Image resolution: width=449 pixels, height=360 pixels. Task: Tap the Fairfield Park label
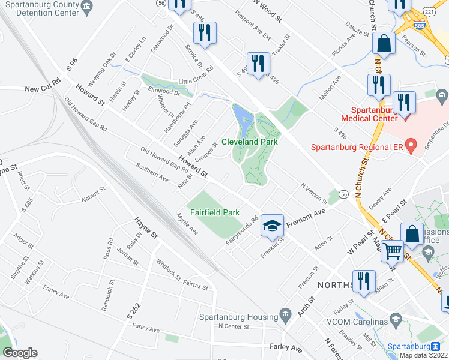[x=215, y=212]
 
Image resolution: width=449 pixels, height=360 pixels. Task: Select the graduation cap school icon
[x=272, y=226]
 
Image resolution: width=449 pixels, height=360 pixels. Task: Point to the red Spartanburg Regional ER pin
[x=411, y=145]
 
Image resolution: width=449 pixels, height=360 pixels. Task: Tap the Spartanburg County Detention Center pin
[x=86, y=7]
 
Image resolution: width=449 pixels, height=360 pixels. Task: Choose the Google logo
[x=20, y=353]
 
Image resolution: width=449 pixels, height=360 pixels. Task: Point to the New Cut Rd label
[x=43, y=88]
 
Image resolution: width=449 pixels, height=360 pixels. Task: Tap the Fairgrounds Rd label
[x=242, y=230]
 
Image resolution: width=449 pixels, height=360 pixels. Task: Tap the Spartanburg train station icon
[x=435, y=346]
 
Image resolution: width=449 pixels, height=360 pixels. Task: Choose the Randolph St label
[x=111, y=291]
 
